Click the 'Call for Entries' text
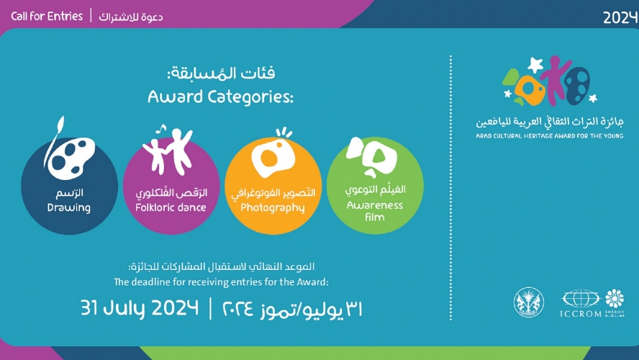tap(47, 16)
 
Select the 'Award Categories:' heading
tap(221, 96)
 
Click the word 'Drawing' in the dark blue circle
tap(69, 208)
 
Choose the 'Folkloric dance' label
tap(171, 207)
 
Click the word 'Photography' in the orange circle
tap(273, 208)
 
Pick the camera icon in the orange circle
tap(273, 156)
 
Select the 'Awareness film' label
tap(374, 210)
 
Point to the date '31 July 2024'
tap(140, 309)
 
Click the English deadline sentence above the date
tap(221, 282)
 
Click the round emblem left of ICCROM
tap(529, 302)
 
